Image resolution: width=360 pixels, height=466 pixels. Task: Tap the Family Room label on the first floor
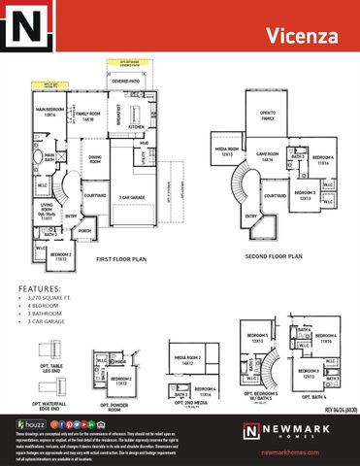pos(88,116)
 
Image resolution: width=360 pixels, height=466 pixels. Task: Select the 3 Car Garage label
pos(132,197)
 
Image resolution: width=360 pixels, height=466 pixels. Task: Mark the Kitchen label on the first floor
pos(136,126)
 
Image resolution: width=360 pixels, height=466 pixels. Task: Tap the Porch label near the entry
pos(85,231)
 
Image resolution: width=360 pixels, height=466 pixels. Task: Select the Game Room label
pos(267,155)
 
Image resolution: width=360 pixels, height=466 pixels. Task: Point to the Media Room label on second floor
pos(228,151)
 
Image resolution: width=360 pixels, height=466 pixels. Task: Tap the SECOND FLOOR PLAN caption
pos(274,257)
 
